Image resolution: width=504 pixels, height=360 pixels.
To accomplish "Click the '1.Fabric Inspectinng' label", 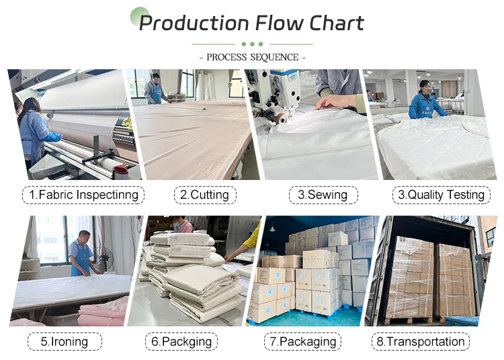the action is [84, 195].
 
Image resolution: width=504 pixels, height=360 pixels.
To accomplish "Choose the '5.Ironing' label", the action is [65, 341].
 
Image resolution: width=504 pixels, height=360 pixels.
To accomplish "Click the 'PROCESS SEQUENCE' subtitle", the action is [253, 57].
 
